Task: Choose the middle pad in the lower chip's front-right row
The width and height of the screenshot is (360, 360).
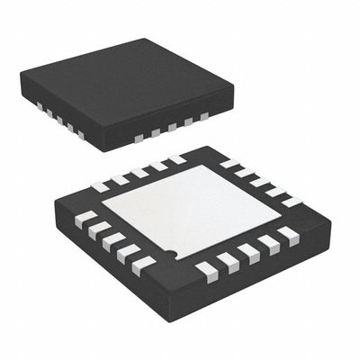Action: pyautogui.click(x=247, y=252)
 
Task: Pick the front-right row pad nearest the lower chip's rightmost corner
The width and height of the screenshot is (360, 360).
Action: pyautogui.click(x=287, y=236)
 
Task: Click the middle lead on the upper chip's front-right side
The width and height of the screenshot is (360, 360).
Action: pyautogui.click(x=172, y=129)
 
